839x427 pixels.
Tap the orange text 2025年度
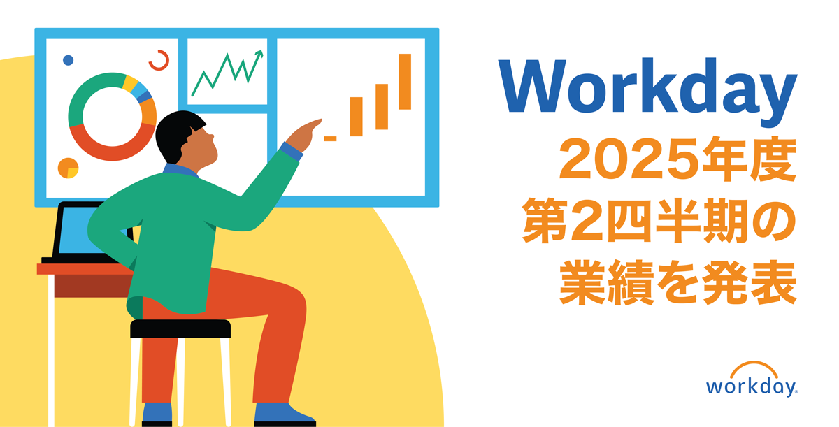point(677,159)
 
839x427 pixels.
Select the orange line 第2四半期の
point(659,221)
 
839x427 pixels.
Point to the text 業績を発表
point(677,282)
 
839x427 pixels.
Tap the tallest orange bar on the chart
point(405,82)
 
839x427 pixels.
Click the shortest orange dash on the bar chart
point(330,139)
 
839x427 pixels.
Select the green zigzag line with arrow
point(227,73)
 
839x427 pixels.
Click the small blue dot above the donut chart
point(69,60)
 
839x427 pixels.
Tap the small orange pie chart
point(69,168)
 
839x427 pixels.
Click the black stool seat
point(180,329)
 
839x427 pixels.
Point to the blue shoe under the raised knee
point(282,414)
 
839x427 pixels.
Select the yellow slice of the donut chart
point(130,82)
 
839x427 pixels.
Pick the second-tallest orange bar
point(382,107)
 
